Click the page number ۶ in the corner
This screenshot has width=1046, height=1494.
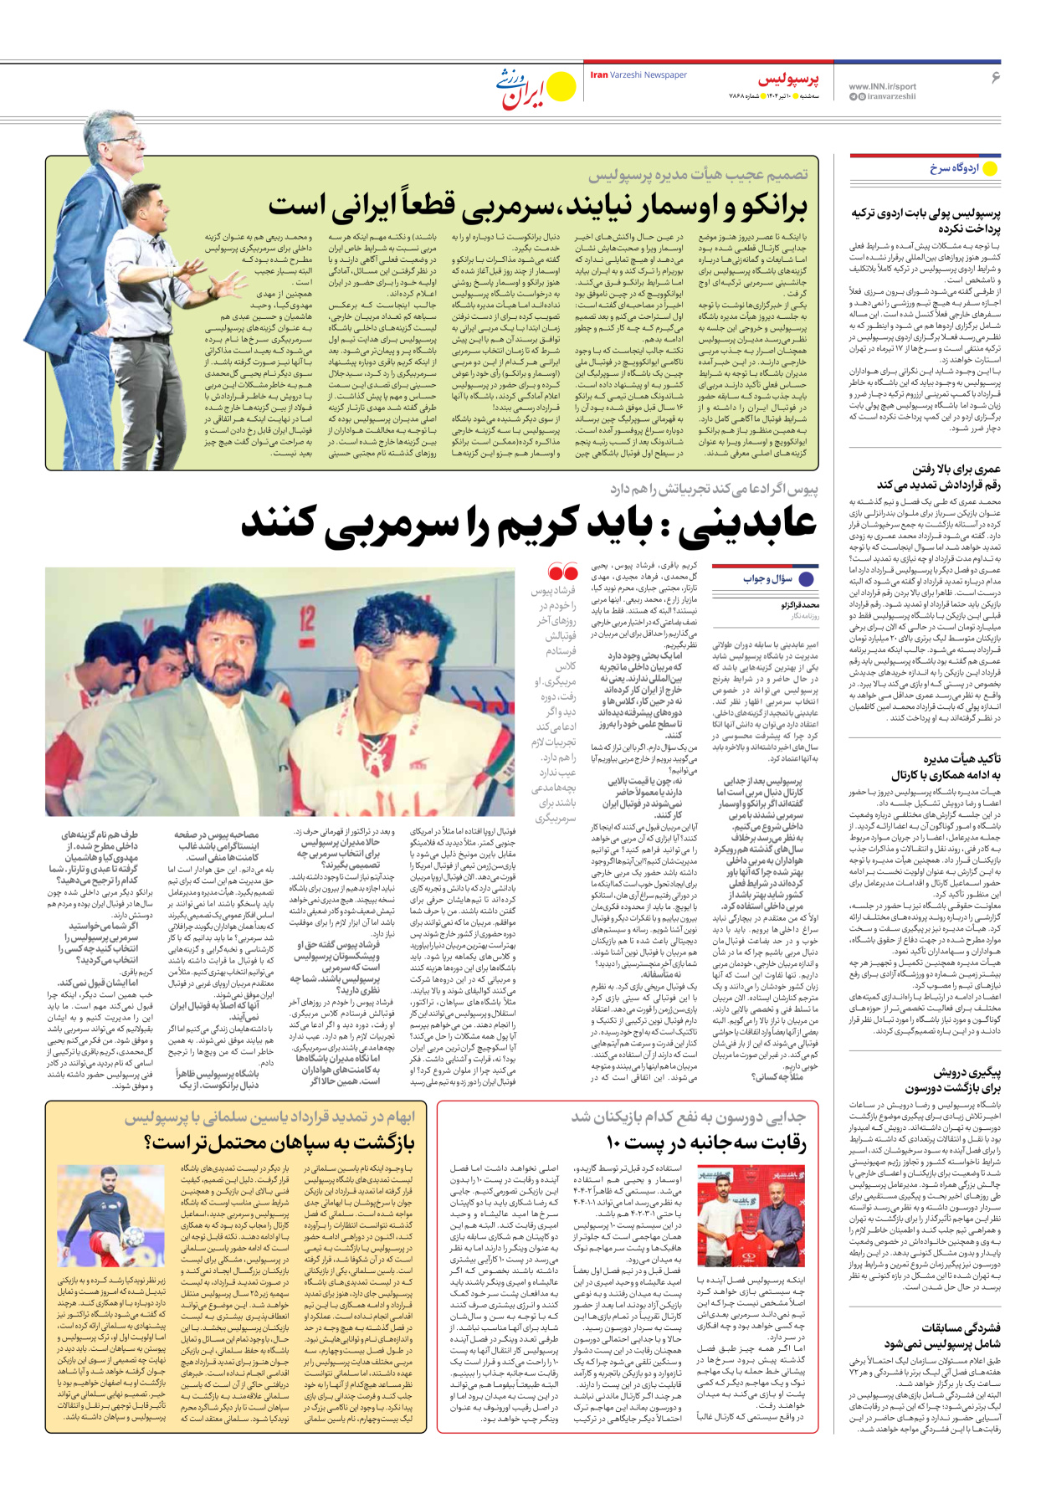pyautogui.click(x=996, y=77)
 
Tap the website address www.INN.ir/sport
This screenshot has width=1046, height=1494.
pyautogui.click(x=882, y=86)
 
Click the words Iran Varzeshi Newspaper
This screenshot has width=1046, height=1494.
pyautogui.click(x=638, y=75)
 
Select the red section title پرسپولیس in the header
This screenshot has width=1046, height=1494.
pyautogui.click(x=788, y=80)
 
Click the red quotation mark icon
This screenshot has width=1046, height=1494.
pyautogui.click(x=562, y=572)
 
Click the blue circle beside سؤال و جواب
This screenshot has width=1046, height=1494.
pyautogui.click(x=807, y=578)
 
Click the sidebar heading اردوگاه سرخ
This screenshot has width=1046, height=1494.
pyautogui.click(x=954, y=168)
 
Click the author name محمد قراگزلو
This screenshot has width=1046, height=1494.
pyautogui.click(x=801, y=604)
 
